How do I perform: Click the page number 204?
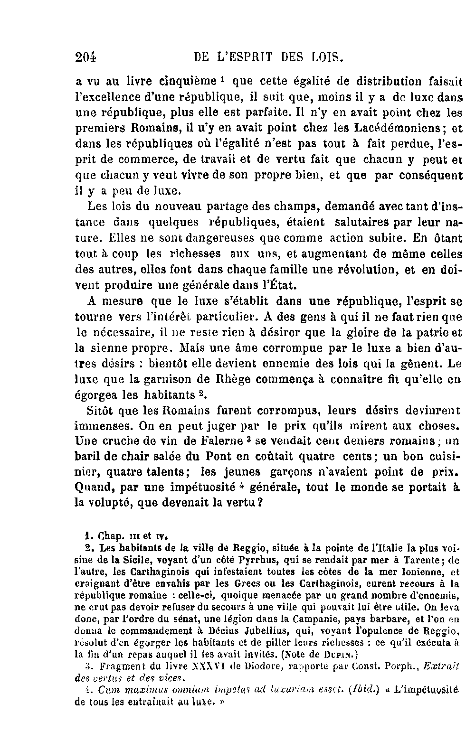coord(86,58)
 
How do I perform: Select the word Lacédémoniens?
coord(399,128)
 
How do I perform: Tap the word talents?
coord(164,472)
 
